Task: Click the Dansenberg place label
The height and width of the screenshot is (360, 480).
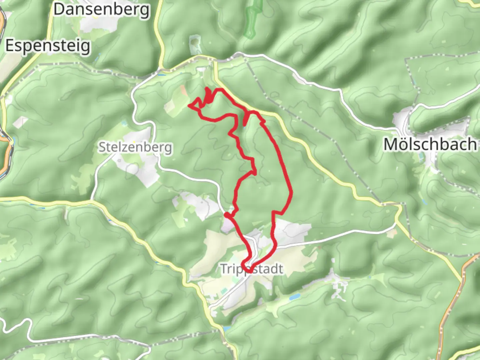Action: click(101, 10)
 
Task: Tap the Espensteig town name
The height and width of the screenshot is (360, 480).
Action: click(48, 46)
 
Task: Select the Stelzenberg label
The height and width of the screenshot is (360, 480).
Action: click(135, 147)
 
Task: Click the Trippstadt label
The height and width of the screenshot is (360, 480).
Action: click(252, 269)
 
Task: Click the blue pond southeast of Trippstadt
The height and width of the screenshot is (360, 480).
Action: click(295, 296)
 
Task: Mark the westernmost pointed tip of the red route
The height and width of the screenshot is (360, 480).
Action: click(189, 106)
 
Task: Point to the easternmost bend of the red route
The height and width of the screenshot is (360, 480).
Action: click(291, 192)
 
